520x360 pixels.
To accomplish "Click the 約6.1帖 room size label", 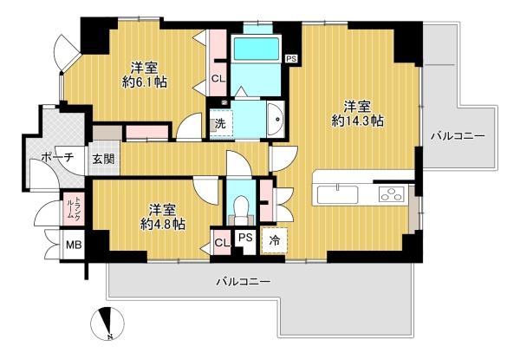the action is (145, 82).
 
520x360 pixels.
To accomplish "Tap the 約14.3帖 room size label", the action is (358, 121).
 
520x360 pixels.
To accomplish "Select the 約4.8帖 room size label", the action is (163, 225).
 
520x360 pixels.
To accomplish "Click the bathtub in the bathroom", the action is (257, 49).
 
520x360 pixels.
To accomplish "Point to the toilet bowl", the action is (241, 206).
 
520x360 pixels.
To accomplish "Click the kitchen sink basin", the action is (338, 194).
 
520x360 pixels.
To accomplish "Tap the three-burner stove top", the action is (393, 193).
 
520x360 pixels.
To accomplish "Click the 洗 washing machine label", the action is (220, 123).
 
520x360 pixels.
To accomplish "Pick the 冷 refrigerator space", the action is (274, 240).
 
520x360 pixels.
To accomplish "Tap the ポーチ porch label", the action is (57, 157).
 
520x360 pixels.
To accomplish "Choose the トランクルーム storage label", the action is (74, 208).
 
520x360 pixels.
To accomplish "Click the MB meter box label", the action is (74, 245).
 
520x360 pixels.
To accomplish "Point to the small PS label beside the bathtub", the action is (291, 59).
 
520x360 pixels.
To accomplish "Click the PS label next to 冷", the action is (246, 237).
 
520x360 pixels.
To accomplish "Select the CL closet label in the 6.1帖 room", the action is (218, 79).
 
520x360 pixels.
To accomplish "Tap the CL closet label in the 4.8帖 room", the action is (222, 243).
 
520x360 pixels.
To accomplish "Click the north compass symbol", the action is (107, 324).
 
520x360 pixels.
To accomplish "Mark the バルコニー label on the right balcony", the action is (458, 135).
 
